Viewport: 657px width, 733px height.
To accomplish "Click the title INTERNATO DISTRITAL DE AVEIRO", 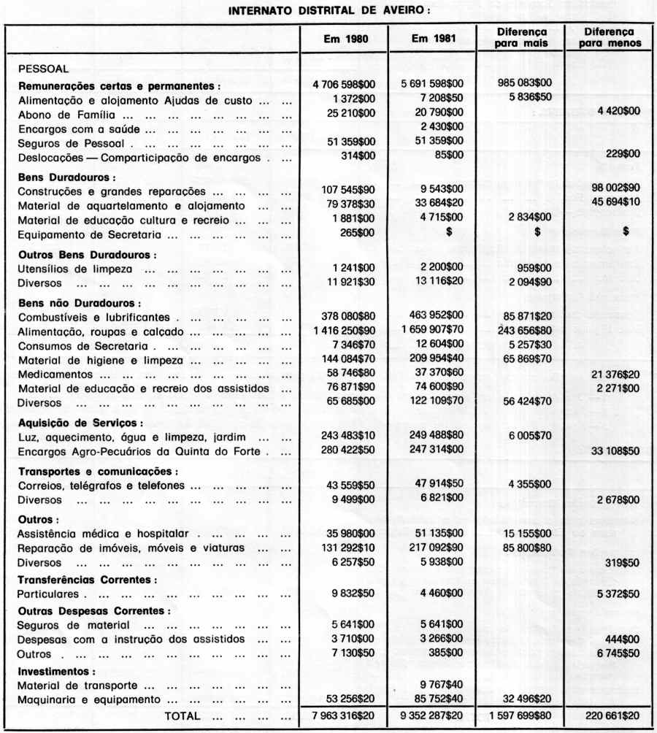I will click(328, 11).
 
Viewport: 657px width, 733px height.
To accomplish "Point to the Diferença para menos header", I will click(608, 38).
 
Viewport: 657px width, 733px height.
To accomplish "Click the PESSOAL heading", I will click(43, 69).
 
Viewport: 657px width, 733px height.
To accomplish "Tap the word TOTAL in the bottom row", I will click(182, 716).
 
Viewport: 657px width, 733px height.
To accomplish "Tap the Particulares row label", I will click(47, 594).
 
